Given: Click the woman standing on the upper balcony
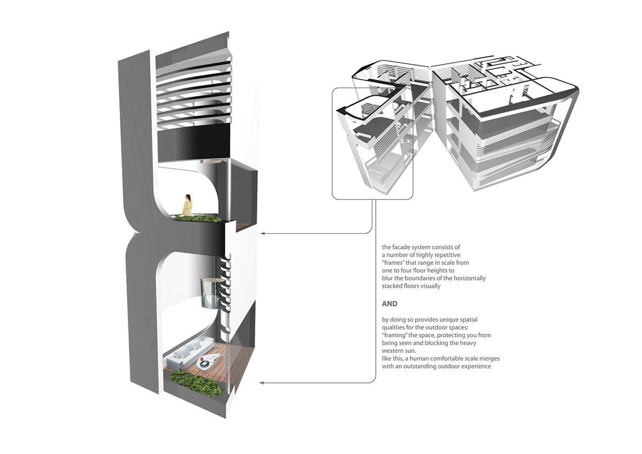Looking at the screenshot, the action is pyautogui.click(x=188, y=205).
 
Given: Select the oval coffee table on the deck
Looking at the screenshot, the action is pyautogui.click(x=208, y=360).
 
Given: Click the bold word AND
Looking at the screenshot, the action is pyautogui.click(x=389, y=304).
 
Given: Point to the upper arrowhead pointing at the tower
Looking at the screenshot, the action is pyautogui.click(x=262, y=234).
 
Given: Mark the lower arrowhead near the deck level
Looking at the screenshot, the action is pyautogui.click(x=261, y=383).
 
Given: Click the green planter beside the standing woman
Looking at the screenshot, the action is pyautogui.click(x=198, y=219).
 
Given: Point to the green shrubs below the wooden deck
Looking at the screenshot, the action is pyautogui.click(x=196, y=383).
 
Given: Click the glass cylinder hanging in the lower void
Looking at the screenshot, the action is pyautogui.click(x=212, y=294).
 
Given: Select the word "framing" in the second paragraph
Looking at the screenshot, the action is pyautogui.click(x=394, y=335).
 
